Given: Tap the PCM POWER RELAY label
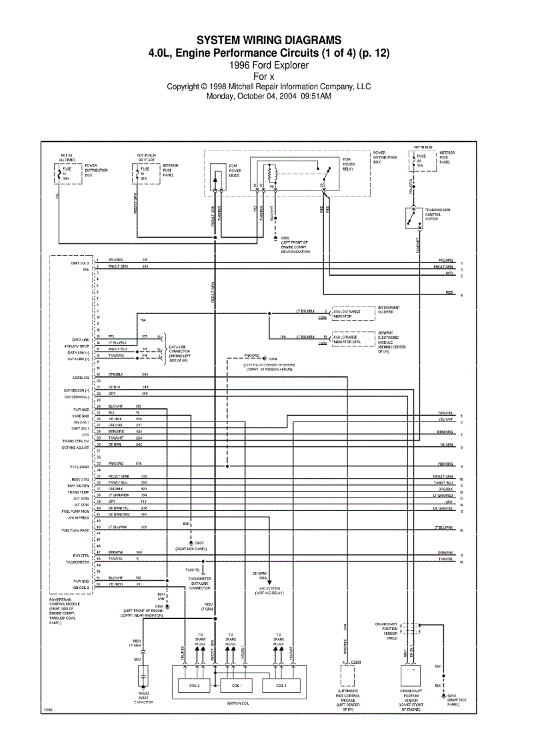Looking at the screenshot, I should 351,165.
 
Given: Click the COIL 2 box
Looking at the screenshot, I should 193,685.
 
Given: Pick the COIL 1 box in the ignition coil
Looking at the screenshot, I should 237,685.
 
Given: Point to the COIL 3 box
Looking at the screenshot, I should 281,685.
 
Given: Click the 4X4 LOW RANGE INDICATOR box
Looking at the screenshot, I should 347,314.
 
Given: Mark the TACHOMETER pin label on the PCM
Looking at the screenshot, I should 77,561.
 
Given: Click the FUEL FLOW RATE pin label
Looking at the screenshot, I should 75,530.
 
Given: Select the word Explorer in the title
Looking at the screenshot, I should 290,65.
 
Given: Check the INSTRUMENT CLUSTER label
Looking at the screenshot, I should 389,310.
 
